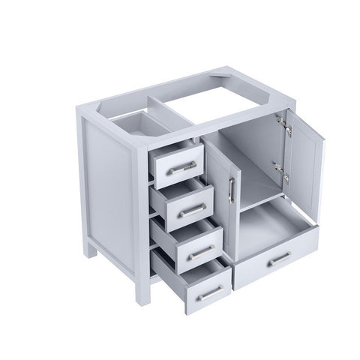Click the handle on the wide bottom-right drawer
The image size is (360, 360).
click(x=279, y=259)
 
